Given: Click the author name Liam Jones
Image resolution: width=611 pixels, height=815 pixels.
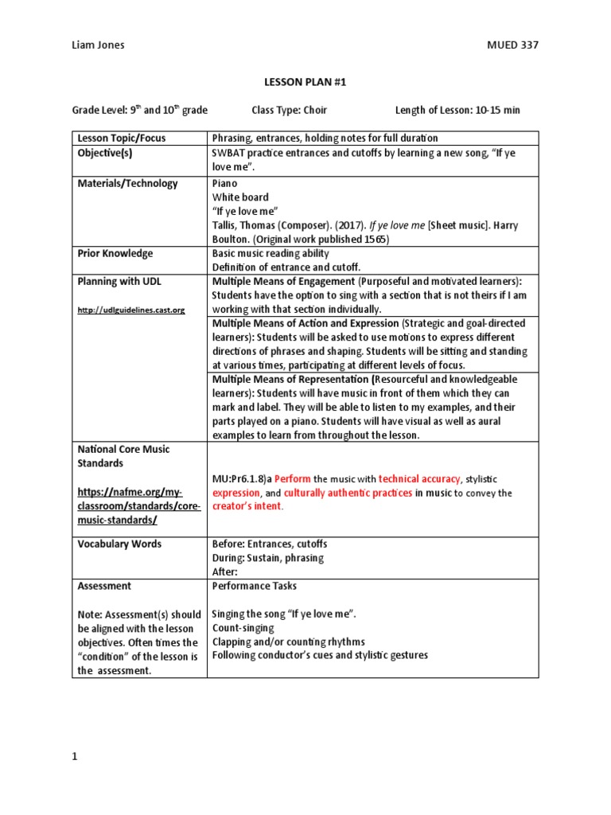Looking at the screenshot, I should [x=98, y=45].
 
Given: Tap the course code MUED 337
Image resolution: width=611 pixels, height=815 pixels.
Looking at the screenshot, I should [x=512, y=45].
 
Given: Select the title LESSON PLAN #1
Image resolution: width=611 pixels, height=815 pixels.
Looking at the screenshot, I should [x=305, y=82].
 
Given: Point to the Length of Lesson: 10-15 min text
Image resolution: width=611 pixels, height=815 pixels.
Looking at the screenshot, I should [x=457, y=110].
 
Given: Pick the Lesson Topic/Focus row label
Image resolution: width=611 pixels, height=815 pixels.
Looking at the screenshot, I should [x=122, y=138].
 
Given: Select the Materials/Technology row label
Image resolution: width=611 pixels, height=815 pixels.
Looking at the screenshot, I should [x=127, y=183].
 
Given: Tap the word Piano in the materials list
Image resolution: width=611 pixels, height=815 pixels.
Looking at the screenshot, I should [x=225, y=183].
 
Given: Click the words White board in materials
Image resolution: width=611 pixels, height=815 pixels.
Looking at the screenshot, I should [x=240, y=197].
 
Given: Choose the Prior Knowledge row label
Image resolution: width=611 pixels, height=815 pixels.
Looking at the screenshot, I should [x=115, y=253].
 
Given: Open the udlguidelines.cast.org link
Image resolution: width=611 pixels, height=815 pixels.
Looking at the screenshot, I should [x=130, y=310].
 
